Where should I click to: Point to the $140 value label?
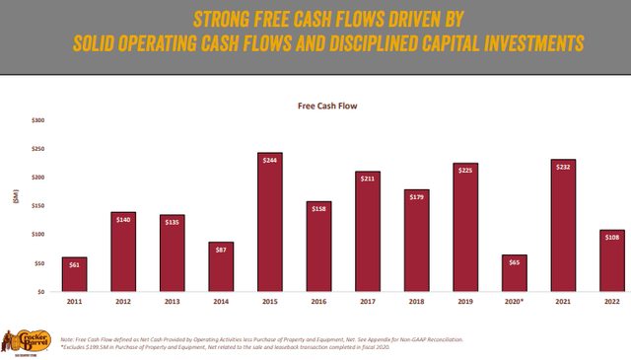[x=124, y=218]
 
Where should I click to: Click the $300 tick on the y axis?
[x=38, y=120]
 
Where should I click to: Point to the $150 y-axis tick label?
[x=38, y=206]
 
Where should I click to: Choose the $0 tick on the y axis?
[x=41, y=292]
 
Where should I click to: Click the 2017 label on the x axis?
[x=369, y=303]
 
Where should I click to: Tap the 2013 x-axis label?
[x=172, y=303]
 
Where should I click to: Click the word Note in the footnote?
[x=66, y=338]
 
